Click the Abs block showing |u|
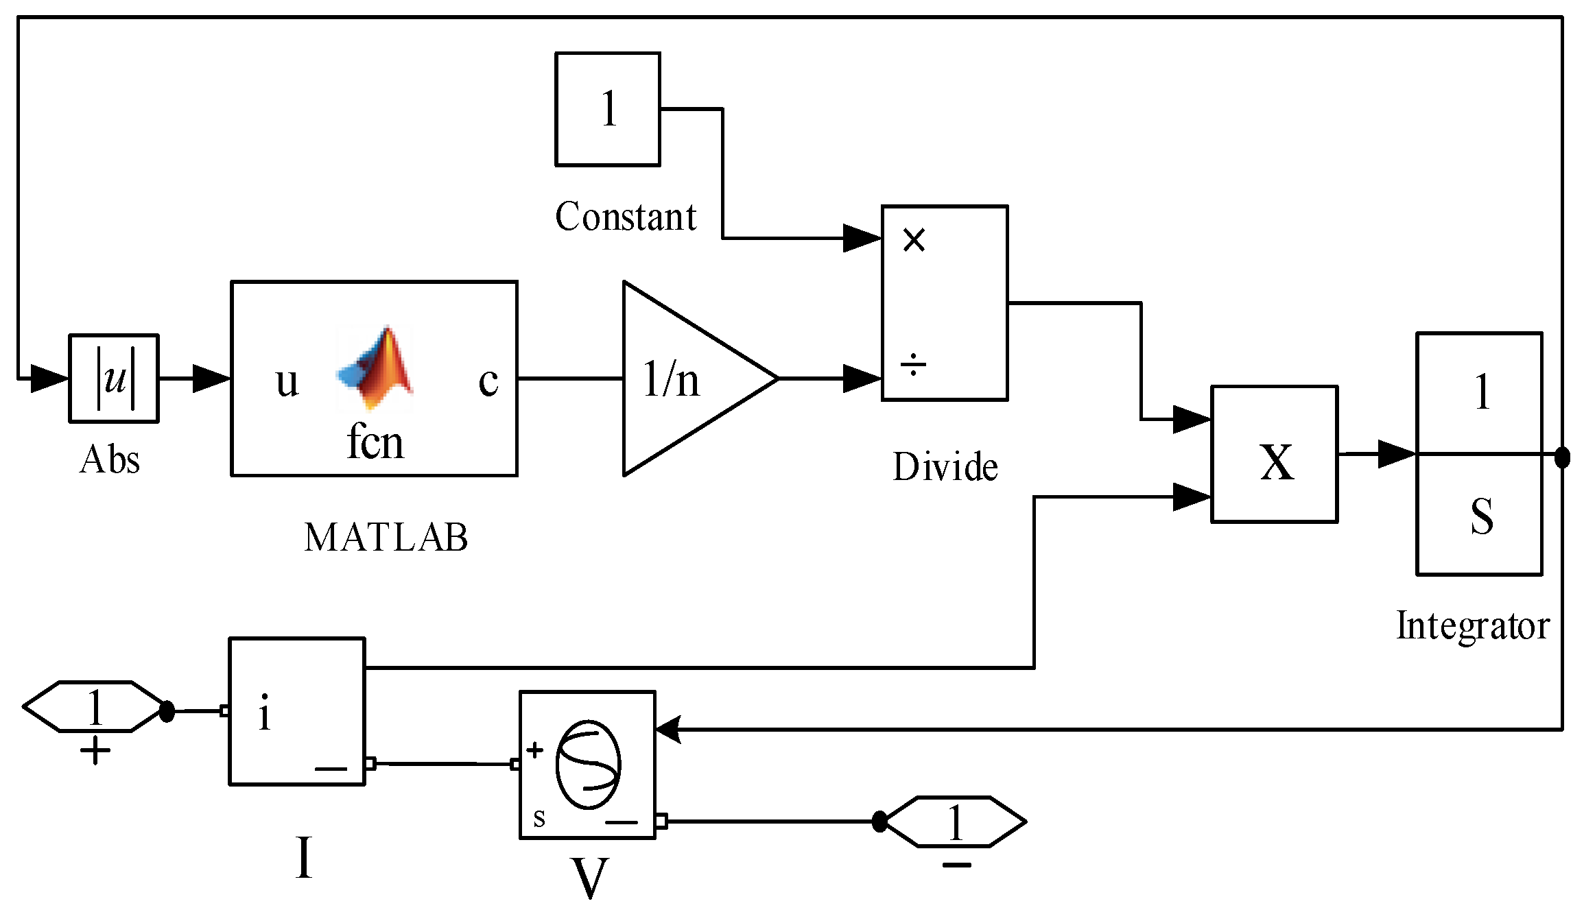point(114,378)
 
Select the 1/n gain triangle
point(686,379)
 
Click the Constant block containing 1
point(608,109)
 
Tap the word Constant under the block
point(626,217)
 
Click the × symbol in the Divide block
point(914,240)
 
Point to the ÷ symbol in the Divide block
point(913,365)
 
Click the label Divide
point(945,467)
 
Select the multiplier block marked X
point(1275,455)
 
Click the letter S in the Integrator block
point(1482,516)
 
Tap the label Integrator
point(1472,625)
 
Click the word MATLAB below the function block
point(386,537)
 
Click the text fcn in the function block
point(375,442)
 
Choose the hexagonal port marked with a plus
point(93,707)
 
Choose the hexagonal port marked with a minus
point(956,822)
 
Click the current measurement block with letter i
point(297,712)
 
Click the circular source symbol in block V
point(588,765)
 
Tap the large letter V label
point(589,878)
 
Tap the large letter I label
point(304,857)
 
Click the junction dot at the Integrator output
point(1562,456)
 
